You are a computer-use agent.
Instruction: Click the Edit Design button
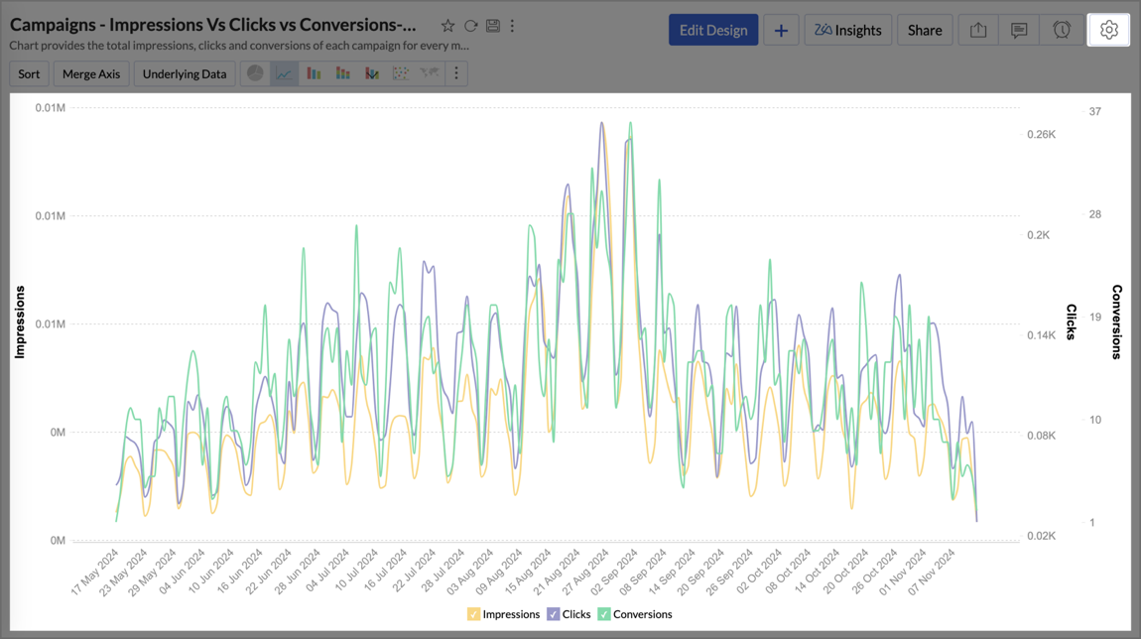pos(713,30)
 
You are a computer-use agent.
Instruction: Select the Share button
pos(925,30)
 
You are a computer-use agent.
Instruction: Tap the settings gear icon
pos(1108,30)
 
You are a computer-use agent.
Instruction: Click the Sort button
pos(29,73)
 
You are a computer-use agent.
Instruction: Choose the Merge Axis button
pos(91,73)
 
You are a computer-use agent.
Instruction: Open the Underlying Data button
pos(185,73)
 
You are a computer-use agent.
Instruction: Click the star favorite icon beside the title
pos(447,26)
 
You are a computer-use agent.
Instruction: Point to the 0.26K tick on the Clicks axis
pos(1041,134)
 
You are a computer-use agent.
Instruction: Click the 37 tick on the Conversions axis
pos(1095,111)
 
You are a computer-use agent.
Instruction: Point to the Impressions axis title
pos(19,321)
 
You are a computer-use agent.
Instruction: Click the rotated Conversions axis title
pos(1117,321)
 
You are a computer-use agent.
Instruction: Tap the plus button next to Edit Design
pos(781,30)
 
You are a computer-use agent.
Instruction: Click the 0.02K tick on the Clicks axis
pos(1041,536)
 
